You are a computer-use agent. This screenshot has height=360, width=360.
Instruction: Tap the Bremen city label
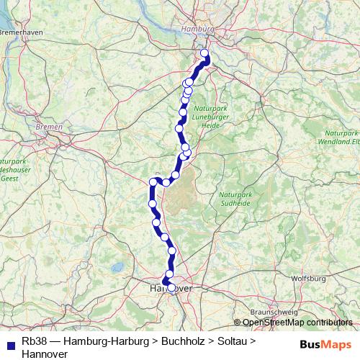[x=49, y=127]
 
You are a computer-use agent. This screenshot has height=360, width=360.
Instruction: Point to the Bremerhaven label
[x=21, y=32]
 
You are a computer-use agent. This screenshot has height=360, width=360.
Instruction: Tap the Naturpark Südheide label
[x=238, y=198]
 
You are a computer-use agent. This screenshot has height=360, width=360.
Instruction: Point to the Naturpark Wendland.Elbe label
[x=341, y=138]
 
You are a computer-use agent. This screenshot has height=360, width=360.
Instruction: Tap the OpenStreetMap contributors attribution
[x=297, y=323]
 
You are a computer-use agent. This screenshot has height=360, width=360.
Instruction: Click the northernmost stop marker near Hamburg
[x=204, y=53]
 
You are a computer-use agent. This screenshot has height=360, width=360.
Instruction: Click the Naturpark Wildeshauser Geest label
[x=9, y=169]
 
